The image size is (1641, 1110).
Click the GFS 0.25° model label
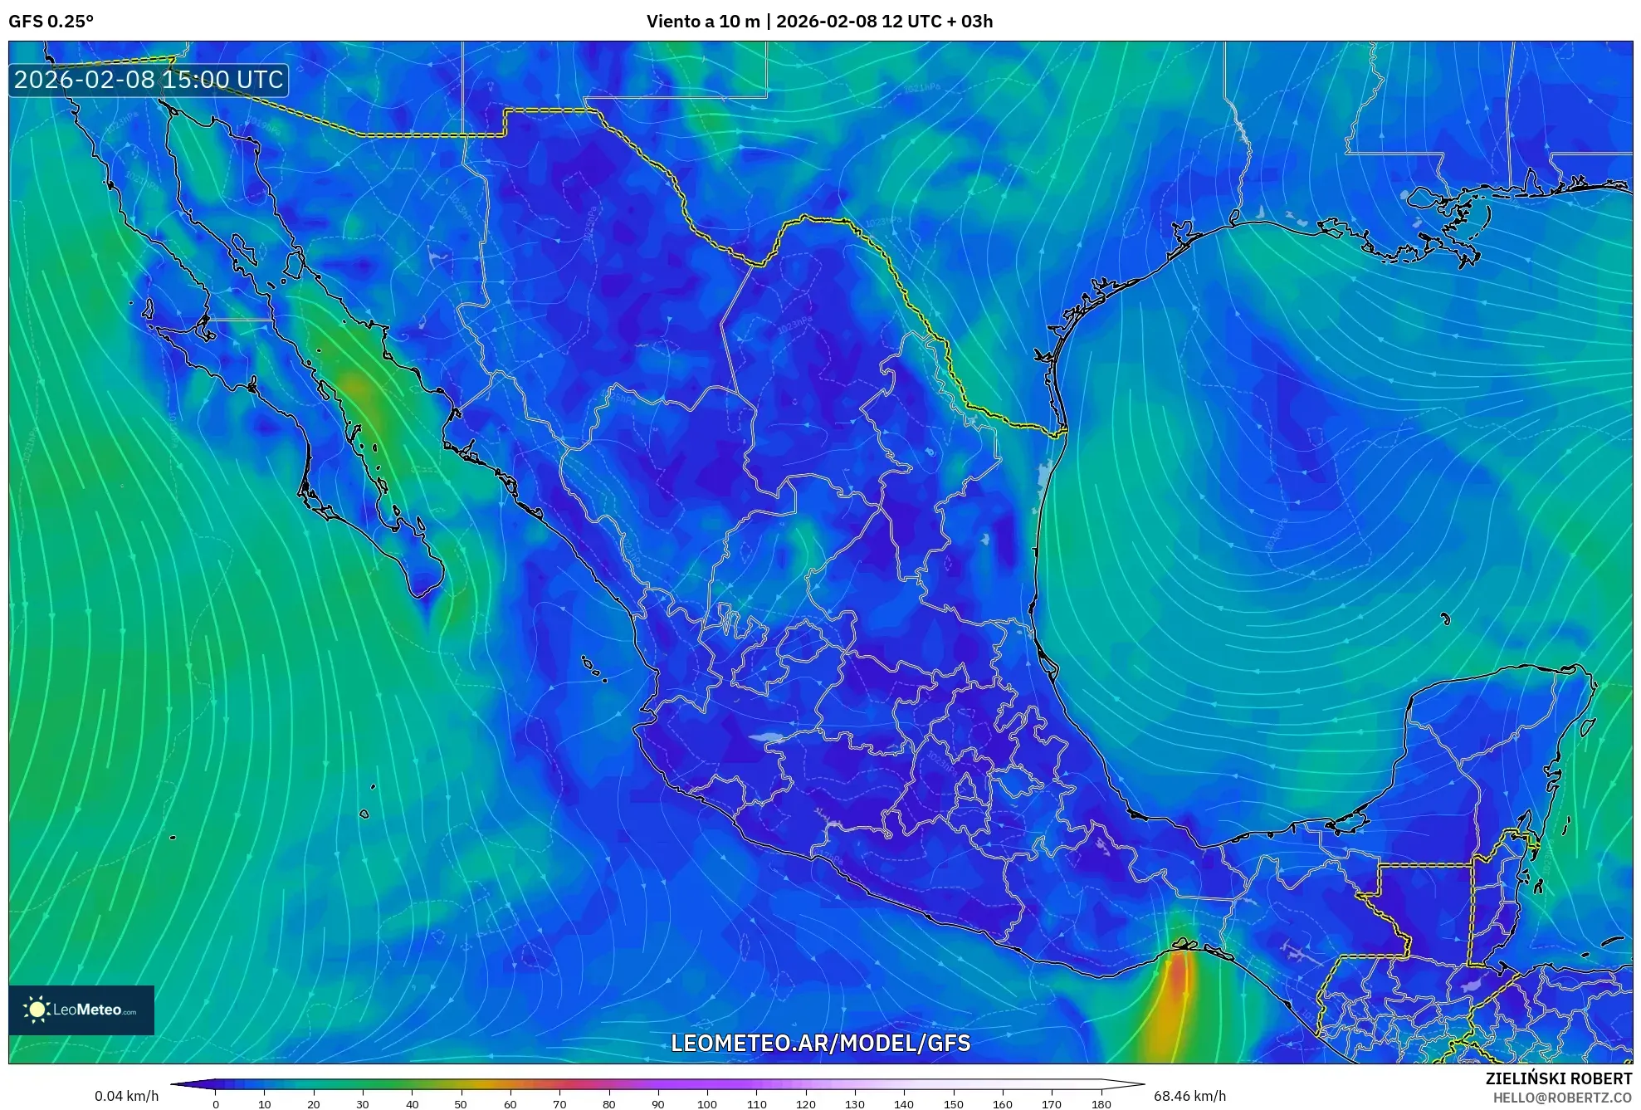coord(51,22)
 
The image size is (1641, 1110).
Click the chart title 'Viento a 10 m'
coord(702,22)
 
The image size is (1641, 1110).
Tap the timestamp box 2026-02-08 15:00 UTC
coord(149,80)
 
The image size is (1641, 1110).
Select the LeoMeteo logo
coord(81,1010)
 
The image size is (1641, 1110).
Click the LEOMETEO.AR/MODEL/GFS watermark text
coord(820,1043)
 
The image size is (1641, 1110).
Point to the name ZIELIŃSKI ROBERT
coord(1558,1078)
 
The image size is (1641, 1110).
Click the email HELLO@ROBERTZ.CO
coord(1562,1098)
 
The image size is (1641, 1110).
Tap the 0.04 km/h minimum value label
coord(126,1096)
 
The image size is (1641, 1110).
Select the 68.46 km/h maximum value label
coord(1189,1096)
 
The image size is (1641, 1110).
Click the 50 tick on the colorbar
coord(461,1103)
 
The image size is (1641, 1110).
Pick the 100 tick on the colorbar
coord(707,1103)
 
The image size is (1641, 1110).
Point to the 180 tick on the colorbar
coord(1101,1103)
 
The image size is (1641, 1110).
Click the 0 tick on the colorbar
coord(216,1103)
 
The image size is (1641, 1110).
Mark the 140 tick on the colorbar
coord(904,1103)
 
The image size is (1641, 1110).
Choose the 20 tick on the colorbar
coord(314,1103)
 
